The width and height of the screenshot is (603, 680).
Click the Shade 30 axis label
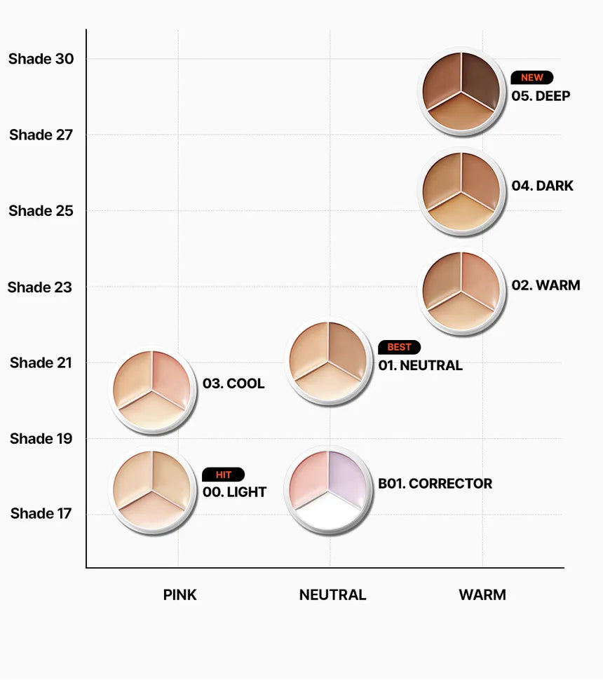[x=41, y=59]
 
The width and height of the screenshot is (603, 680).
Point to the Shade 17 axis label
[x=41, y=514]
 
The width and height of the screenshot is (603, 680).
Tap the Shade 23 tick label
[x=40, y=287]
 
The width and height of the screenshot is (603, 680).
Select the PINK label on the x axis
[x=179, y=595]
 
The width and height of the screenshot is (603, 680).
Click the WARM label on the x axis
[x=482, y=595]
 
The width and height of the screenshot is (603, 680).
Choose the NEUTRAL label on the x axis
[x=332, y=595]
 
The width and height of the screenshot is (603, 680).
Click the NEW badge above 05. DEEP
[x=532, y=78]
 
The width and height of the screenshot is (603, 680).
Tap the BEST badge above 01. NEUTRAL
[x=399, y=347]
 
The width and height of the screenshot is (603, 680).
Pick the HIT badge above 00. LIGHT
[x=224, y=475]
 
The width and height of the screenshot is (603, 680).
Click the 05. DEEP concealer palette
[x=461, y=91]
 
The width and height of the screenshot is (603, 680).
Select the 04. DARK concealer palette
[x=461, y=191]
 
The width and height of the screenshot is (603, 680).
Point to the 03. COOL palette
[x=152, y=390]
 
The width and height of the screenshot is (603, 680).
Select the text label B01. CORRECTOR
[x=435, y=484]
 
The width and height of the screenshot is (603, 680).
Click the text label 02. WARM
[x=546, y=286]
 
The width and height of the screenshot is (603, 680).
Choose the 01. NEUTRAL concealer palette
[x=328, y=361]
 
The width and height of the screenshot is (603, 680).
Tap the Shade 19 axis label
[x=41, y=439]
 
